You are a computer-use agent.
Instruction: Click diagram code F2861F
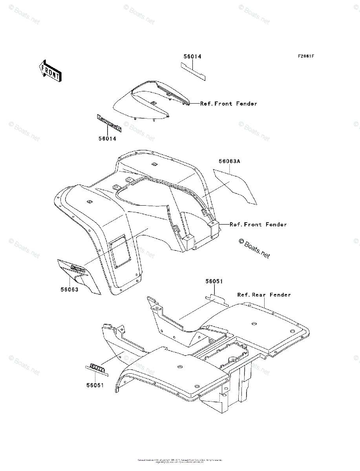coord(305,56)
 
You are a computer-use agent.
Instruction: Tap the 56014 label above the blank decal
coord(192,57)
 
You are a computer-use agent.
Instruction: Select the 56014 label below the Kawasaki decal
coord(107,138)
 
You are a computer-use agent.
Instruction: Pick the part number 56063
coord(69,290)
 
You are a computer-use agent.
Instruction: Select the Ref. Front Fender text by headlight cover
coord(228,104)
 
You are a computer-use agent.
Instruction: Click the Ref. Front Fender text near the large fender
coord(258,225)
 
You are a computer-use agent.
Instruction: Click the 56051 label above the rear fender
coord(214,281)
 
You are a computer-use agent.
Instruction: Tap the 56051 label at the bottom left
coord(95,385)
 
